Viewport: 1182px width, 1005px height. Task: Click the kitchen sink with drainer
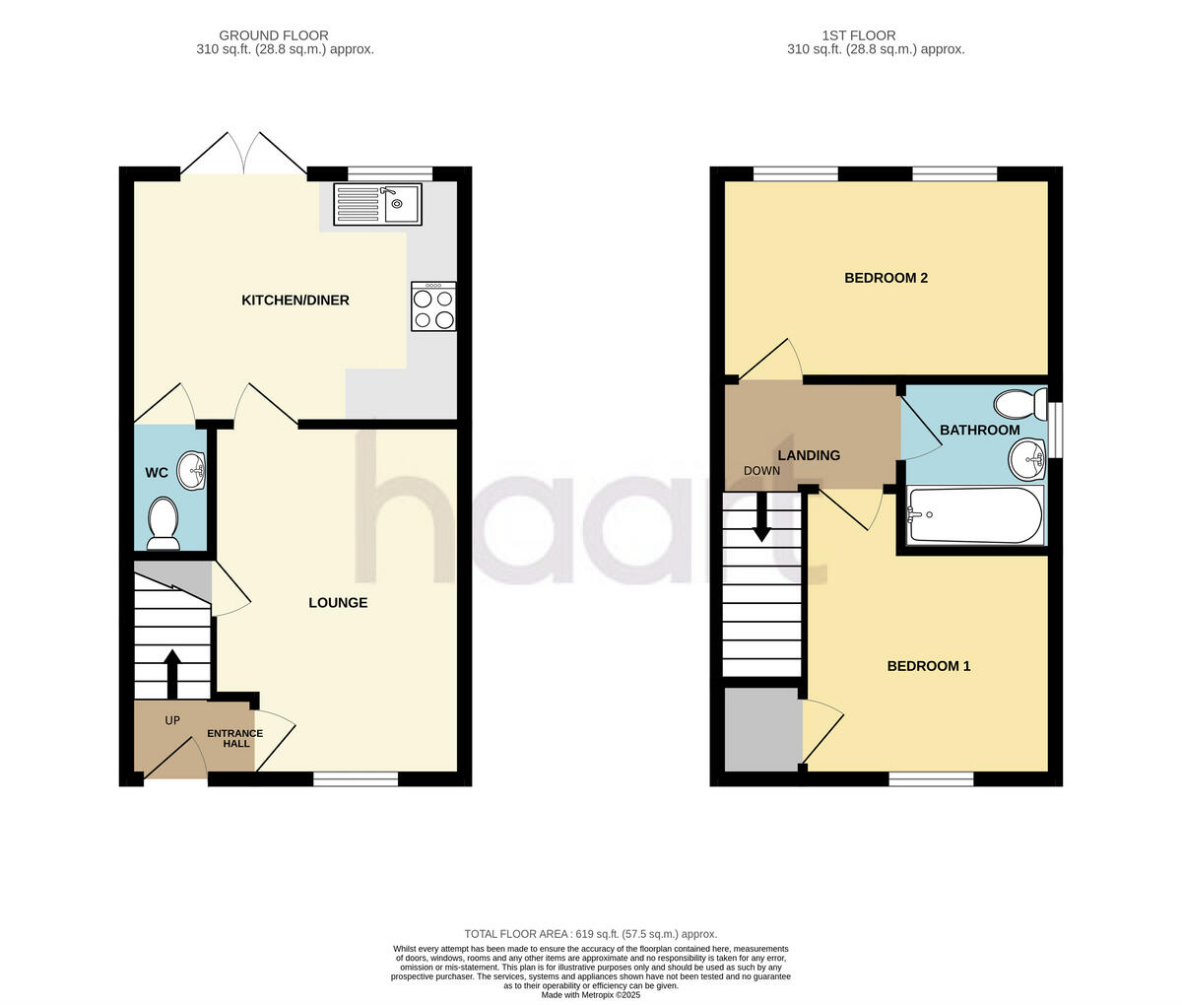pyautogui.click(x=377, y=204)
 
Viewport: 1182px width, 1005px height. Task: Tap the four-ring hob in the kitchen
pyautogui.click(x=433, y=307)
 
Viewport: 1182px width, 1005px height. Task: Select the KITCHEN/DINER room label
pyautogui.click(x=295, y=301)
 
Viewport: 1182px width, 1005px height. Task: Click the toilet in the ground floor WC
pyautogui.click(x=163, y=522)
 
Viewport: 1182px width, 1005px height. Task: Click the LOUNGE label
pyautogui.click(x=338, y=603)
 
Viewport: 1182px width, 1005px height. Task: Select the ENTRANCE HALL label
pyautogui.click(x=234, y=738)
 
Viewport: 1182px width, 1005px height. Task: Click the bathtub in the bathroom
pyautogui.click(x=974, y=515)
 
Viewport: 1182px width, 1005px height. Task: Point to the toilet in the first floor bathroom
pyautogui.click(x=1020, y=404)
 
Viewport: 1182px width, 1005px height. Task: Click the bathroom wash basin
pyautogui.click(x=1027, y=457)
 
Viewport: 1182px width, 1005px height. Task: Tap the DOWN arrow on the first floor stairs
pyautogui.click(x=761, y=516)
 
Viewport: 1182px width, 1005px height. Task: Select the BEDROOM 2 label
pyautogui.click(x=886, y=278)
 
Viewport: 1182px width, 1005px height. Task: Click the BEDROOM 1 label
pyautogui.click(x=929, y=666)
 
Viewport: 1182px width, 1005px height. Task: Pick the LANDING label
pyautogui.click(x=809, y=455)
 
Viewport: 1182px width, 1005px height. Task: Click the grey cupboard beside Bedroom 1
pyautogui.click(x=762, y=729)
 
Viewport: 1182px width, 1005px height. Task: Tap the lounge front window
pyautogui.click(x=356, y=778)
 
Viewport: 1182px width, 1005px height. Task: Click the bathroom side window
pyautogui.click(x=1056, y=430)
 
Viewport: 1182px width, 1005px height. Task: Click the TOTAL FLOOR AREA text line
pyautogui.click(x=590, y=934)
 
